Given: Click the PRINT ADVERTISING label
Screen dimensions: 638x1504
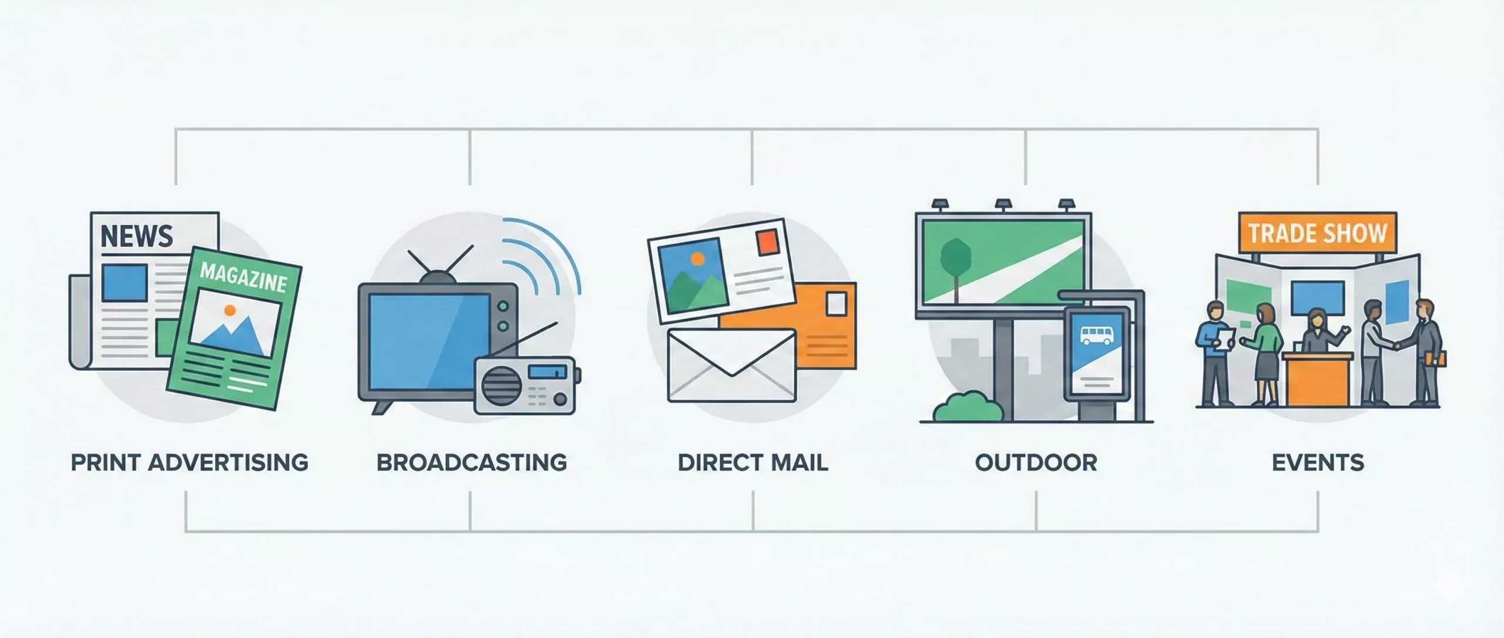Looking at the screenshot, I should pos(189,463).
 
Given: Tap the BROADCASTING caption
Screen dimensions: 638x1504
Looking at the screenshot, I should pos(471,463).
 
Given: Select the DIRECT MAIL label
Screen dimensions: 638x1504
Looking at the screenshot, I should pos(753,463).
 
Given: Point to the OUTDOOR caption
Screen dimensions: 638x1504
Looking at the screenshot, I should pos(1036,463).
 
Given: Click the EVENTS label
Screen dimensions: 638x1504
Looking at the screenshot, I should pos(1318,463).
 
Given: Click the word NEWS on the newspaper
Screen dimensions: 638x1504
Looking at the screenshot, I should pos(137,236).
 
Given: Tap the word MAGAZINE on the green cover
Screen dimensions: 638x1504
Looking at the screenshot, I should pos(243,278).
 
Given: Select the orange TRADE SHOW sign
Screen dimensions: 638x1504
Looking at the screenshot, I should pos(1317,233).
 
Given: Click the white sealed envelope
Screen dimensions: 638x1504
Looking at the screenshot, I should pos(731,365).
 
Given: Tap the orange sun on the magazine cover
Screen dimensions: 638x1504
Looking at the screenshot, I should pos(230,310).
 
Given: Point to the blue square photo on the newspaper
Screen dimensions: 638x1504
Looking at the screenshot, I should pos(125,283).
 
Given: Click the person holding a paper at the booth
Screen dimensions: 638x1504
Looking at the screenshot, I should pos(1212,352).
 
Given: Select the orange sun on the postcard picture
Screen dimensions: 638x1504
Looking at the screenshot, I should pos(697,257).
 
